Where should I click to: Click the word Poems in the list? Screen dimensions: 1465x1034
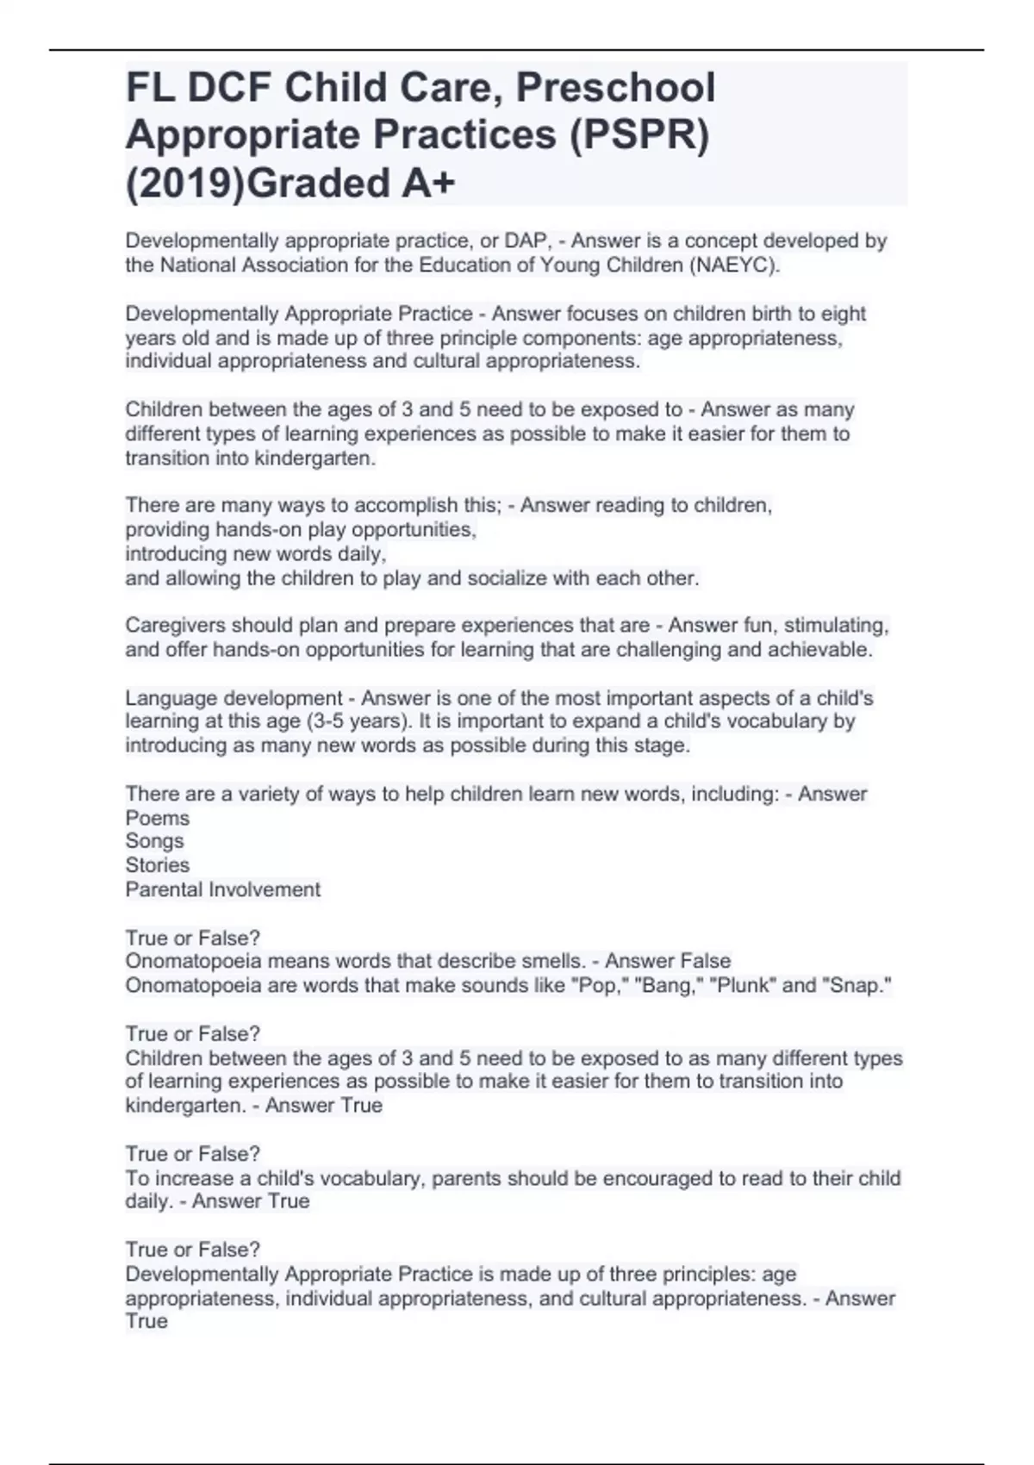click(x=157, y=818)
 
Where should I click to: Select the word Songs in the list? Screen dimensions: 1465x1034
click(x=154, y=841)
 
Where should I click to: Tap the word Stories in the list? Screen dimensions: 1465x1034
click(x=157, y=865)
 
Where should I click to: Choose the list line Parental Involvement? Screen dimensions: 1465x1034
click(x=222, y=889)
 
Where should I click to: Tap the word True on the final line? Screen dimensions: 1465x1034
click(x=146, y=1321)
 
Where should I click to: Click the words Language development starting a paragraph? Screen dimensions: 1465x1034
click(x=234, y=698)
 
